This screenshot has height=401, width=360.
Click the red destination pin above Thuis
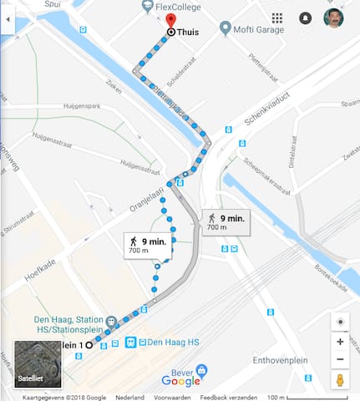(170, 20)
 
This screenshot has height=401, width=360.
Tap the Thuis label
(187, 32)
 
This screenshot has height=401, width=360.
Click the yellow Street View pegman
(340, 381)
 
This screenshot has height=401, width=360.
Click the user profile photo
(333, 18)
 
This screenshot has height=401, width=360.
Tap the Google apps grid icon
(277, 18)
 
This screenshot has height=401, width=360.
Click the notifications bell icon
(306, 18)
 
